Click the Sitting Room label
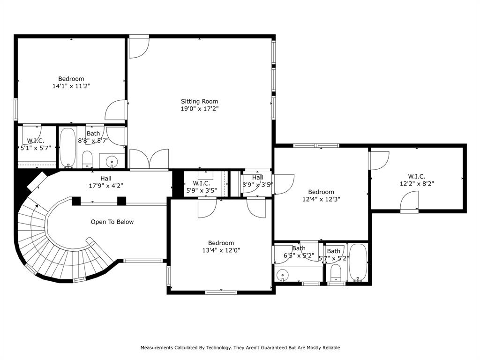200,101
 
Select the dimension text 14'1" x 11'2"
71,86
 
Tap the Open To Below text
112,222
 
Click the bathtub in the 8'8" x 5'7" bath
68,148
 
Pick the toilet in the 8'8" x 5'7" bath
88,159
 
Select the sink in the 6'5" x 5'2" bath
282,275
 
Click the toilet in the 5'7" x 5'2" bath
336,273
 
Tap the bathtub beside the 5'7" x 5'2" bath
359,262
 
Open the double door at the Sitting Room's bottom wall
149,159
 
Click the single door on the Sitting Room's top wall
139,47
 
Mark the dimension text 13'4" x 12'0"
221,250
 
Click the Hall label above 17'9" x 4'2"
106,178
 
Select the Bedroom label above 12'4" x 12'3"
321,192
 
